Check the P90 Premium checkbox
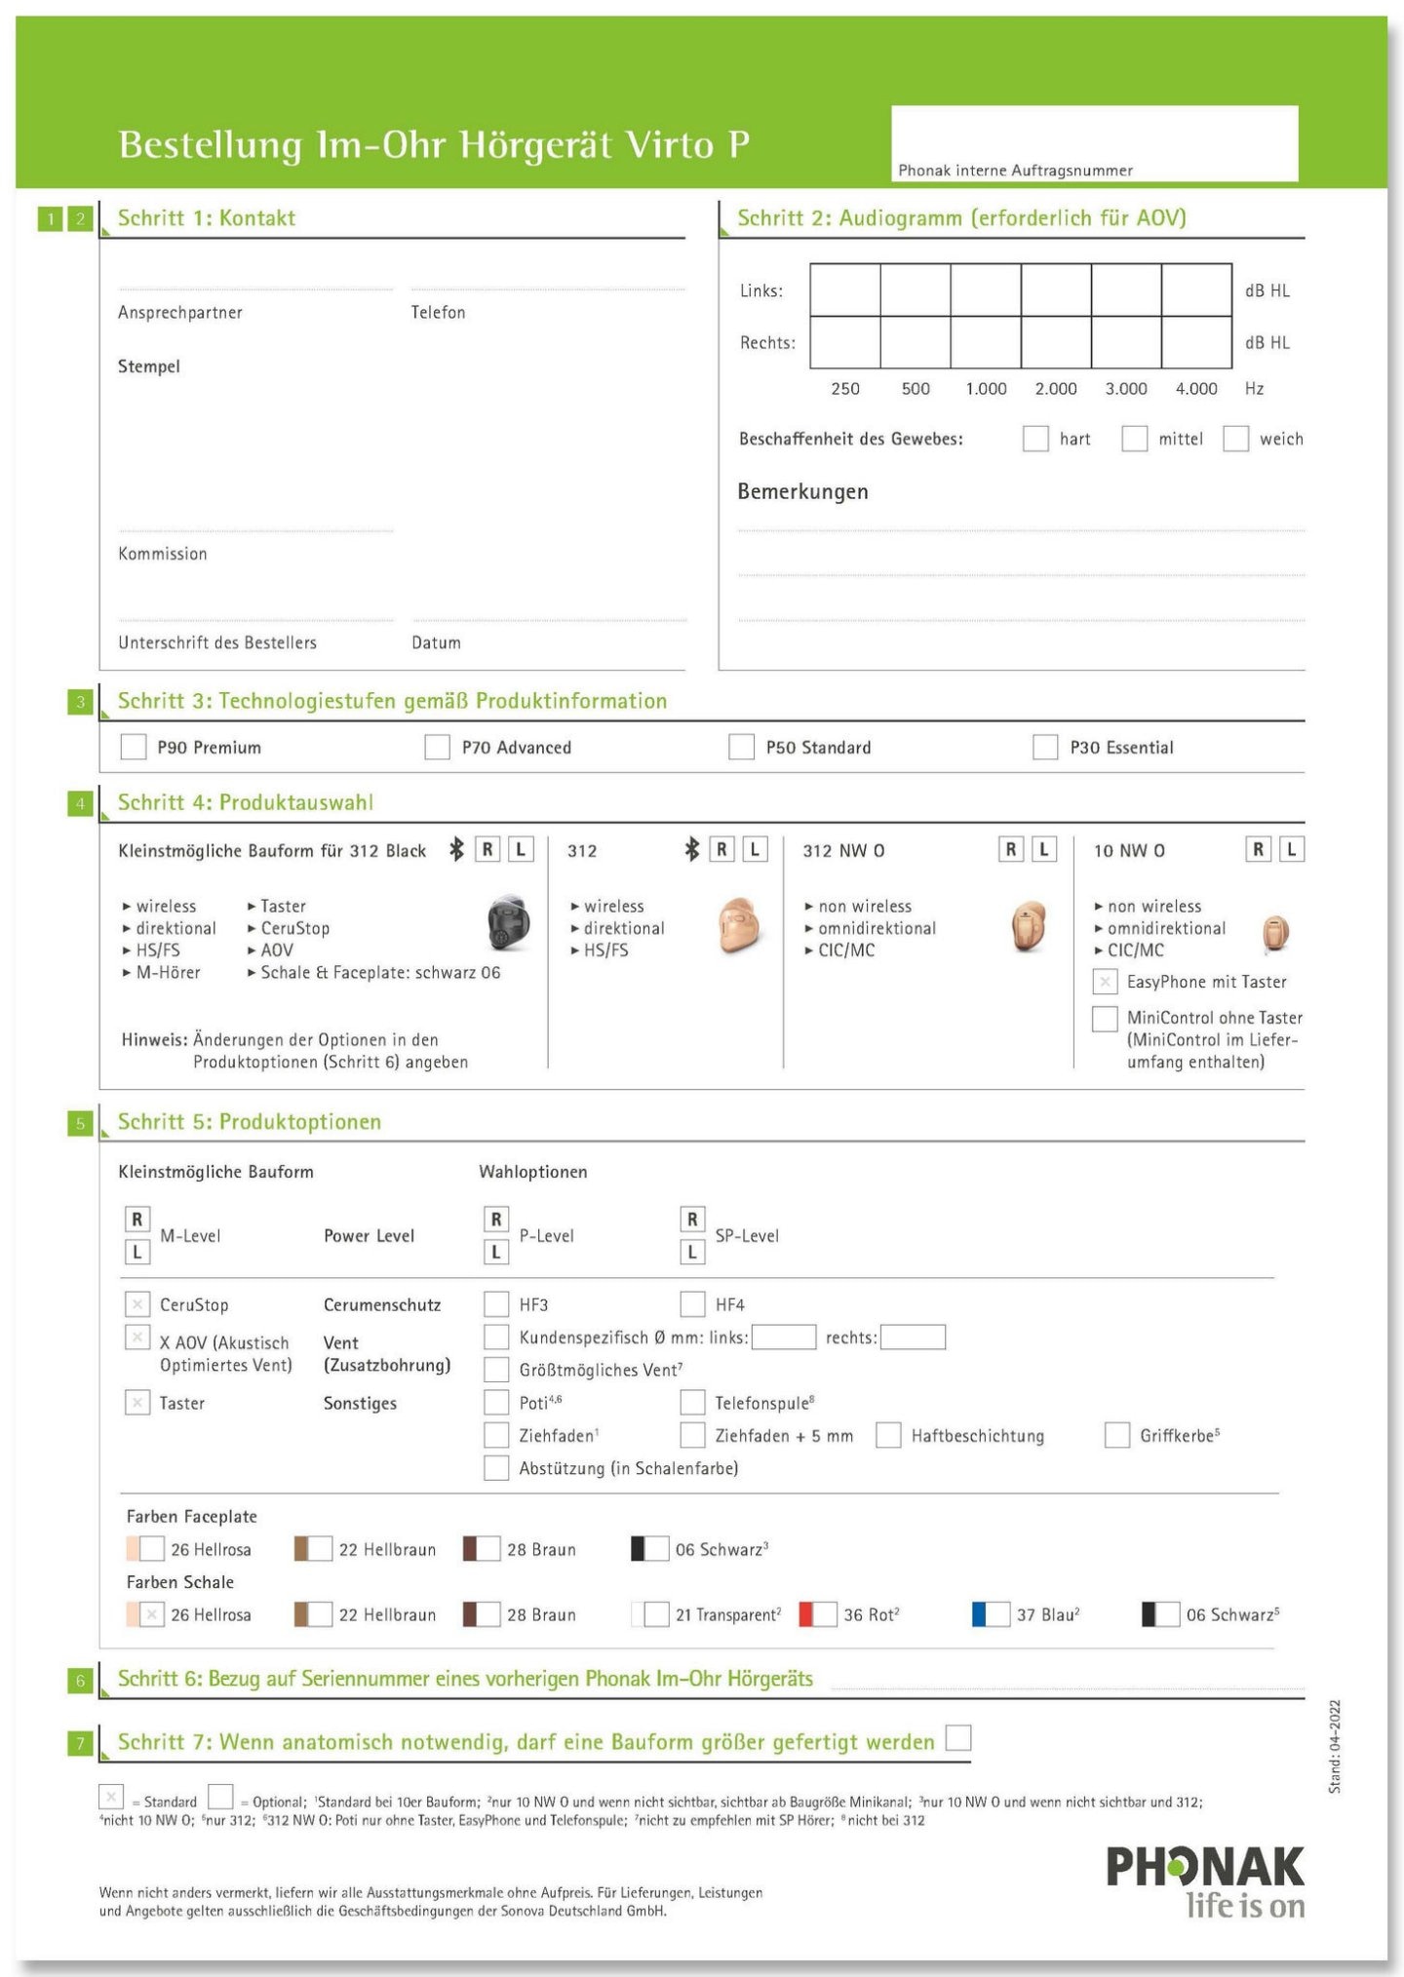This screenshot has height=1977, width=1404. (x=133, y=747)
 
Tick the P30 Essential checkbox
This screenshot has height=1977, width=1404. (x=1045, y=747)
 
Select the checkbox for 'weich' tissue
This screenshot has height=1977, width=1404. (x=1235, y=439)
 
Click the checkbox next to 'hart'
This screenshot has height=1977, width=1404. (x=1035, y=439)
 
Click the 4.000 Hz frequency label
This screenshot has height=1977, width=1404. (x=1195, y=388)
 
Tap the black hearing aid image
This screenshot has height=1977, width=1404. (x=508, y=922)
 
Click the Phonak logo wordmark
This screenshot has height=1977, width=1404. (x=1205, y=1866)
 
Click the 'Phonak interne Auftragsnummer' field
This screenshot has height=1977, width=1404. (x=1094, y=142)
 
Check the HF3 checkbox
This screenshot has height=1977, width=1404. (x=496, y=1304)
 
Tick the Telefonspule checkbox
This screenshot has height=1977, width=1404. (x=692, y=1402)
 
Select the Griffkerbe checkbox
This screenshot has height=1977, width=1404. (x=1117, y=1435)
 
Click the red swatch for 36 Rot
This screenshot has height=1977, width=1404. (x=806, y=1614)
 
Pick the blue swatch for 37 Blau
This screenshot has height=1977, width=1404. (x=980, y=1614)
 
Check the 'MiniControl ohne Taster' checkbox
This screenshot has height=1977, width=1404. (x=1105, y=1018)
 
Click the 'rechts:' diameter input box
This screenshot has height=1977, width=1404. (x=913, y=1337)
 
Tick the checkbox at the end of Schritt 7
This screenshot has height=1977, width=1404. (x=958, y=1737)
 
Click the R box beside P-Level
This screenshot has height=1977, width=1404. (x=496, y=1219)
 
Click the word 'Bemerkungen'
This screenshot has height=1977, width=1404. (x=802, y=491)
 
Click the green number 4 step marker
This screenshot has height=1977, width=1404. (x=80, y=803)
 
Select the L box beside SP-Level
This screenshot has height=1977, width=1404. (x=692, y=1252)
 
